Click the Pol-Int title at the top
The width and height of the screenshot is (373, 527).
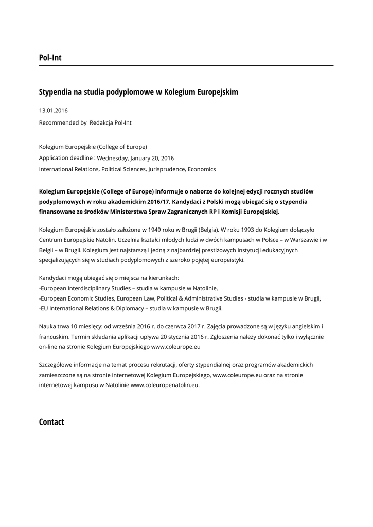tap(50, 58)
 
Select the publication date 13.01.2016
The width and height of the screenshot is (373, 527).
tap(54, 110)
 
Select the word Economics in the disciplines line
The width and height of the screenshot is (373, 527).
tap(202, 169)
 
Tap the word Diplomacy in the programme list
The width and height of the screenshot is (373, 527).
tap(127, 308)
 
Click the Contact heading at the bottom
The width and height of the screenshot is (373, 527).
tap(51, 422)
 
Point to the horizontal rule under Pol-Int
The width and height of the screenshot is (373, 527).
tap(186, 66)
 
